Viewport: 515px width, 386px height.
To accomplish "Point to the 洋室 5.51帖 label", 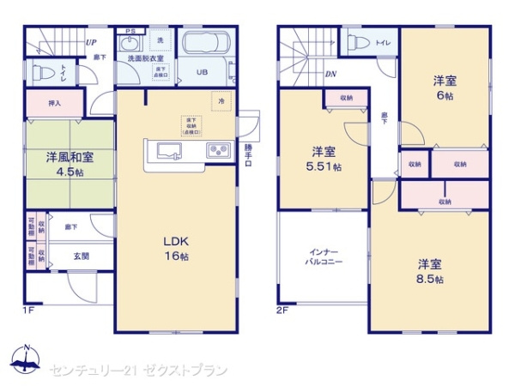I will [324, 160].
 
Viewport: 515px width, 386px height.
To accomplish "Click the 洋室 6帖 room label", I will [444, 88].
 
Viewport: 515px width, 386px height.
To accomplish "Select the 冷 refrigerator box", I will [221, 100].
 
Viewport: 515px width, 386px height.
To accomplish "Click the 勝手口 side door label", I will [250, 158].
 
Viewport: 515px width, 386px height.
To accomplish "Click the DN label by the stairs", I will [330, 74].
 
